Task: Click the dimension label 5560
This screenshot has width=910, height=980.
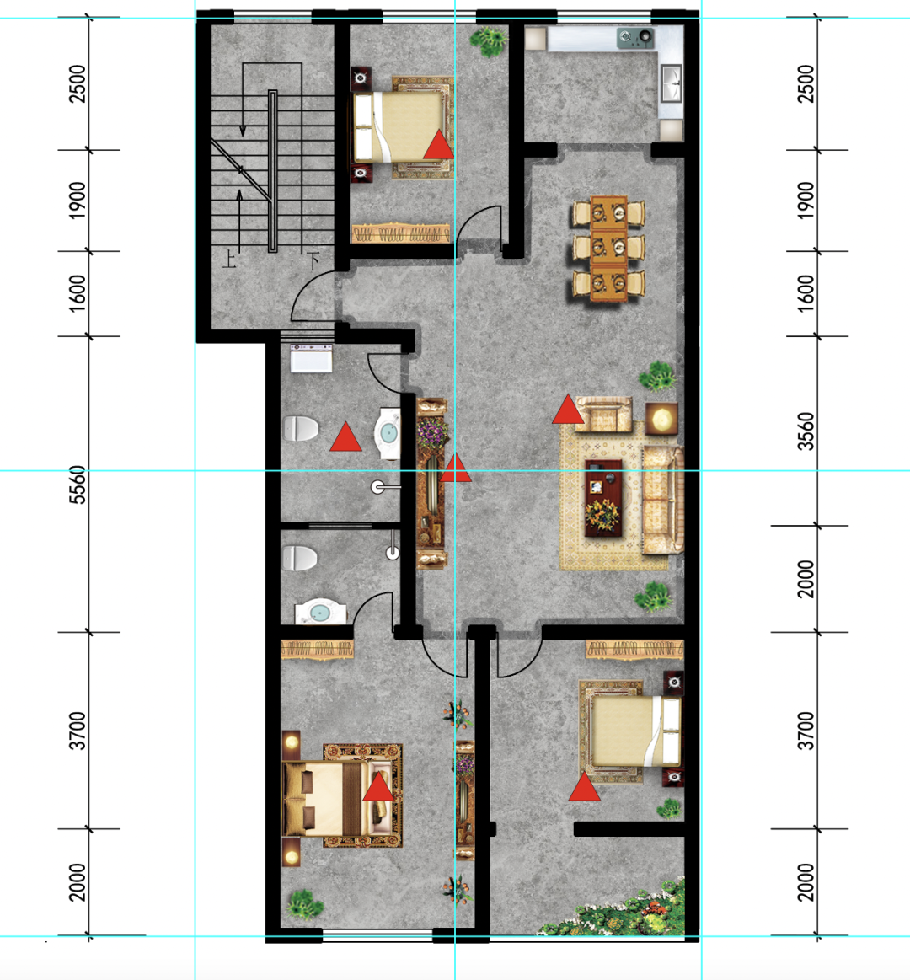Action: pyautogui.click(x=77, y=485)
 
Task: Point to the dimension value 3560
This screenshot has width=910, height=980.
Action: pyautogui.click(x=806, y=431)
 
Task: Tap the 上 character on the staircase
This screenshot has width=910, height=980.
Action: pyautogui.click(x=230, y=259)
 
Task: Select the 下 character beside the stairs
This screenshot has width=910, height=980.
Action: pyautogui.click(x=315, y=259)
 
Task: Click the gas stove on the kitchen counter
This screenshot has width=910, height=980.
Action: pyautogui.click(x=635, y=38)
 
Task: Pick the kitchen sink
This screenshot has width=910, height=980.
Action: pyautogui.click(x=672, y=83)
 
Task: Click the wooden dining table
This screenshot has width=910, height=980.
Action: pyautogui.click(x=608, y=248)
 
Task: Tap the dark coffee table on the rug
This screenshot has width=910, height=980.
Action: pyautogui.click(x=603, y=498)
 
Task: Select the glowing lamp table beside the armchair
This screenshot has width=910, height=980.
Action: pyautogui.click(x=661, y=418)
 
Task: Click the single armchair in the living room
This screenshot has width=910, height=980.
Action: pyautogui.click(x=604, y=415)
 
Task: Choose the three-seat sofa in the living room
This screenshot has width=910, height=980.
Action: pyautogui.click(x=662, y=500)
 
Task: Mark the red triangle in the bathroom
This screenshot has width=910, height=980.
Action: pyautogui.click(x=345, y=436)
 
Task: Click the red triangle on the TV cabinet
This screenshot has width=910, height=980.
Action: pyautogui.click(x=456, y=468)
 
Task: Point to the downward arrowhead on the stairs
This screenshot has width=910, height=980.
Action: pyautogui.click(x=243, y=131)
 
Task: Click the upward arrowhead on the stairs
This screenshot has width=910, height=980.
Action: pyautogui.click(x=239, y=194)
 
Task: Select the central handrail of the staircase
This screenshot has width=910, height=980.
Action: pyautogui.click(x=272, y=171)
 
